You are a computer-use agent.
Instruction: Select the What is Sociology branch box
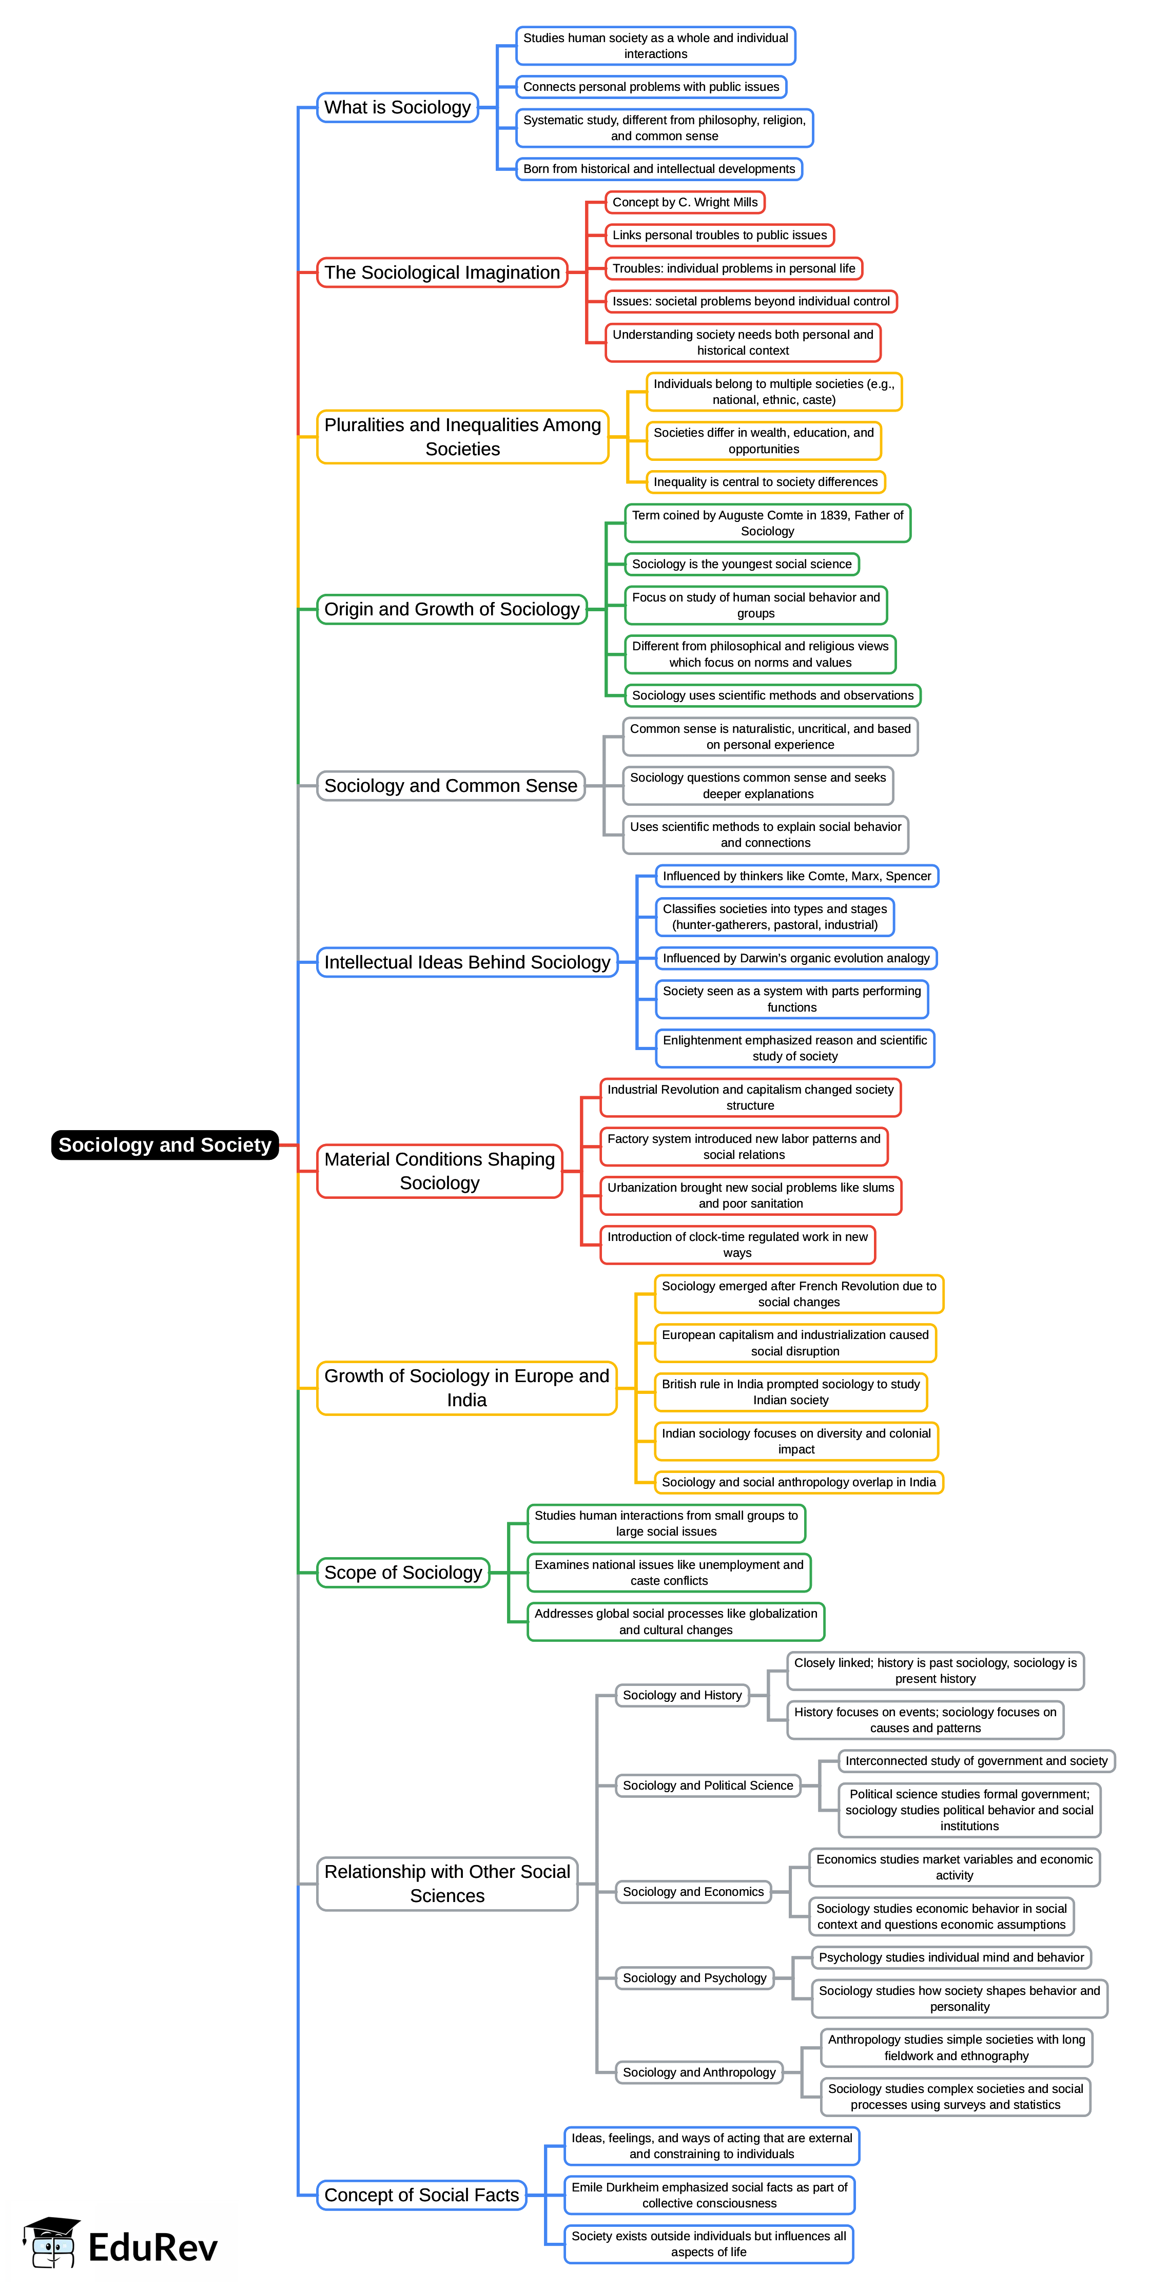[x=397, y=108]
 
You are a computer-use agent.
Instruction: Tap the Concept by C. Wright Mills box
[x=685, y=203]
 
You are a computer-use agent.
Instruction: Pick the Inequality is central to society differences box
[x=765, y=482]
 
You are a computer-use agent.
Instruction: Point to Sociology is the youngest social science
[x=742, y=564]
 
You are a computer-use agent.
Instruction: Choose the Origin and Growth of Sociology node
[x=452, y=609]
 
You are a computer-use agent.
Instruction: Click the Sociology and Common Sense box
[x=451, y=786]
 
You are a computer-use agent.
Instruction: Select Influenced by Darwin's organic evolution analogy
[x=795, y=958]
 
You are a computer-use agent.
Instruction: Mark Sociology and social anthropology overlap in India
[x=798, y=1482]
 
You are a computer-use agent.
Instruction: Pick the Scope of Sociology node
[x=403, y=1573]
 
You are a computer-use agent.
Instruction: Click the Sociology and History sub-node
[x=682, y=1695]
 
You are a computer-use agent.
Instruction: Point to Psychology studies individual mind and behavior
[x=951, y=1957]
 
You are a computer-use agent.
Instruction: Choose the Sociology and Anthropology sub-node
[x=698, y=2072]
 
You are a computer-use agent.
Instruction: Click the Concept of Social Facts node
[x=421, y=2195]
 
